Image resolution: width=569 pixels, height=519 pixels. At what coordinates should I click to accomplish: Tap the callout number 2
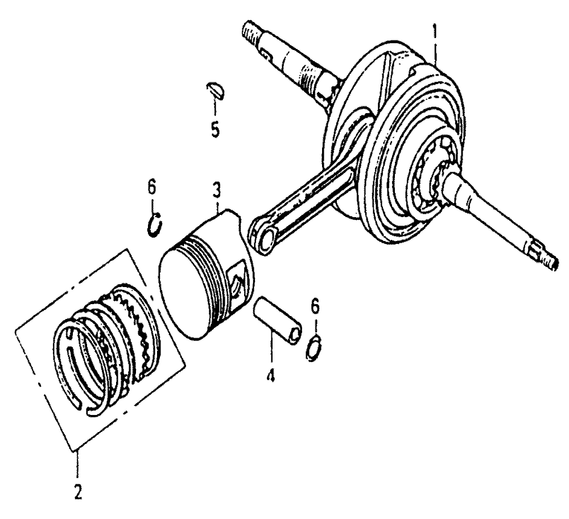pos(77,492)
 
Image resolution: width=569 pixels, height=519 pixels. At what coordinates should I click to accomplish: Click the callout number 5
pos(215,128)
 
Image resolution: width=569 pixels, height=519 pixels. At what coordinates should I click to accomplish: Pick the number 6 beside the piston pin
pos(315,306)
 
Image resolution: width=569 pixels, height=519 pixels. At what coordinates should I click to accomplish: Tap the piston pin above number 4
pos(278,319)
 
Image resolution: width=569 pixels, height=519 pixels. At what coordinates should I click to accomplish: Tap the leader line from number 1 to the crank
pos(435,55)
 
